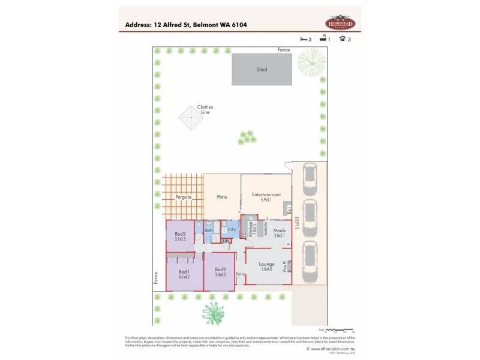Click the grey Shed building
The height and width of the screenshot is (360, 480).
262,70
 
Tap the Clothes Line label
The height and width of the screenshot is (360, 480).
205,109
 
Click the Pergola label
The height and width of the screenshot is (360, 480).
183,197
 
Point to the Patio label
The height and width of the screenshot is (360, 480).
221,197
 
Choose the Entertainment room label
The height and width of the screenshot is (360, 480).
266,194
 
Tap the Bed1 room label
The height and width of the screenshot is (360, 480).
184,272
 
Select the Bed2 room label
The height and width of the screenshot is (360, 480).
220,269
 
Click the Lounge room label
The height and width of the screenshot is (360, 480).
266,264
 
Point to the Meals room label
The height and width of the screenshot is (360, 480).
280,230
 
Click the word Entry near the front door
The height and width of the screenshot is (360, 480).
240,274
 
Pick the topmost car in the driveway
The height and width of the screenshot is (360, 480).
310,177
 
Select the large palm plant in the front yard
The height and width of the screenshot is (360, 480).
214,312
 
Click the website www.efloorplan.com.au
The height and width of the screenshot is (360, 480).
331,348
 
